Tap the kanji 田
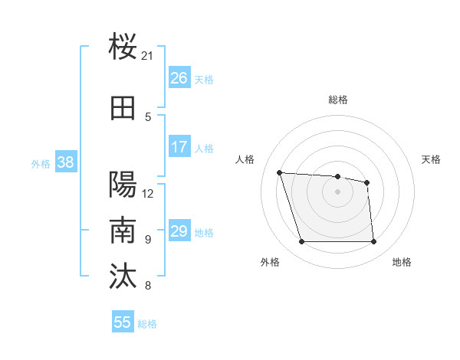(123, 109)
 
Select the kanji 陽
(123, 185)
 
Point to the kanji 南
(123, 231)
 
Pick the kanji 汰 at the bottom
(123, 277)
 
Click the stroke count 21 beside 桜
(148, 56)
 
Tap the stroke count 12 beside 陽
(148, 193)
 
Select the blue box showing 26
(179, 78)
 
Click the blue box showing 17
(179, 147)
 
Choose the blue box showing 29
(179, 231)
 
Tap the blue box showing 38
(65, 162)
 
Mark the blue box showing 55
(123, 322)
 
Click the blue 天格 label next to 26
(204, 79)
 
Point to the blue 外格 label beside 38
(41, 162)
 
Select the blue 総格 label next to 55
(147, 323)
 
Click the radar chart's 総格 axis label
(337, 100)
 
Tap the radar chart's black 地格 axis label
(402, 263)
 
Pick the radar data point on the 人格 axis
(280, 173)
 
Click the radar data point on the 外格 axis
(301, 242)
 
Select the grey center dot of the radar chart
(337, 191)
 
